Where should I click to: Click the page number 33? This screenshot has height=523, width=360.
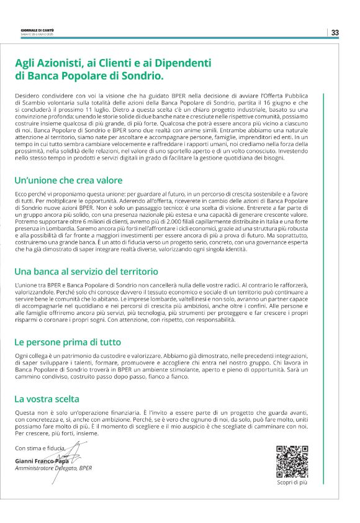335,32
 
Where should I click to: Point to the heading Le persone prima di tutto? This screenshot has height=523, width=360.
68,342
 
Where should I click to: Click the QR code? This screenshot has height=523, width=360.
292,461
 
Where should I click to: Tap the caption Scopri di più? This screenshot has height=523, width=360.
292,482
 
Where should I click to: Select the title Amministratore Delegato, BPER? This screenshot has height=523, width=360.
53,468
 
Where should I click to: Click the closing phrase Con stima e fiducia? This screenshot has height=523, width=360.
38,448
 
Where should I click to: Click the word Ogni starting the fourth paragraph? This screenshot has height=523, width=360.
22,357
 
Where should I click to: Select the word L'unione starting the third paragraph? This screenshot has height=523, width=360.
26,284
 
